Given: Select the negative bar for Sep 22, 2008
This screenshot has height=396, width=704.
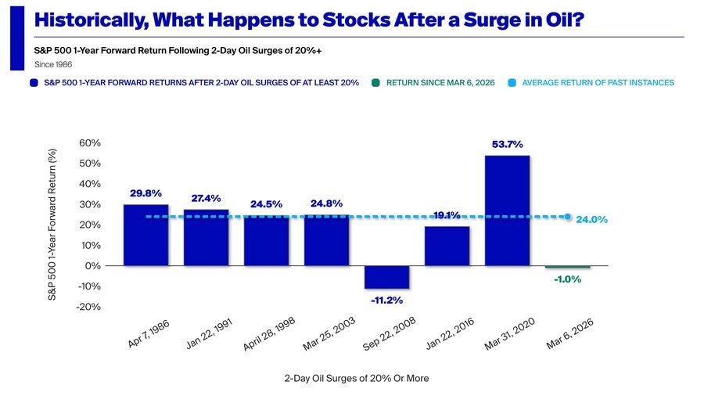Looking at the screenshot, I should click(386, 277).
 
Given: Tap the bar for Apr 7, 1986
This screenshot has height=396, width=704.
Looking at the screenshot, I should click(145, 235).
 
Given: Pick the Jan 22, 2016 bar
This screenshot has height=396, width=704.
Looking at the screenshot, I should click(447, 246).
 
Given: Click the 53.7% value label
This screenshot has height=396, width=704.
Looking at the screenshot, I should click(508, 145).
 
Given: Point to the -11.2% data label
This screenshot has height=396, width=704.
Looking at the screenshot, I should click(386, 300).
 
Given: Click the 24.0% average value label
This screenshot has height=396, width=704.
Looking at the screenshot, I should click(591, 220).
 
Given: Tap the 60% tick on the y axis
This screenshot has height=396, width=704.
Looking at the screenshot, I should click(90, 143).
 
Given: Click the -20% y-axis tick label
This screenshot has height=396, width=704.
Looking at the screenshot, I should click(88, 307).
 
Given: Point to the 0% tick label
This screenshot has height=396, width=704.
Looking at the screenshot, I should click(93, 266).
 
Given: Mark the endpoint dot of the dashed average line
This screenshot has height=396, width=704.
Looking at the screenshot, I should click(568, 217).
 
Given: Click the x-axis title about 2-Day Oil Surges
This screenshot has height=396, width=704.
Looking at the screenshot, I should click(357, 378).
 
